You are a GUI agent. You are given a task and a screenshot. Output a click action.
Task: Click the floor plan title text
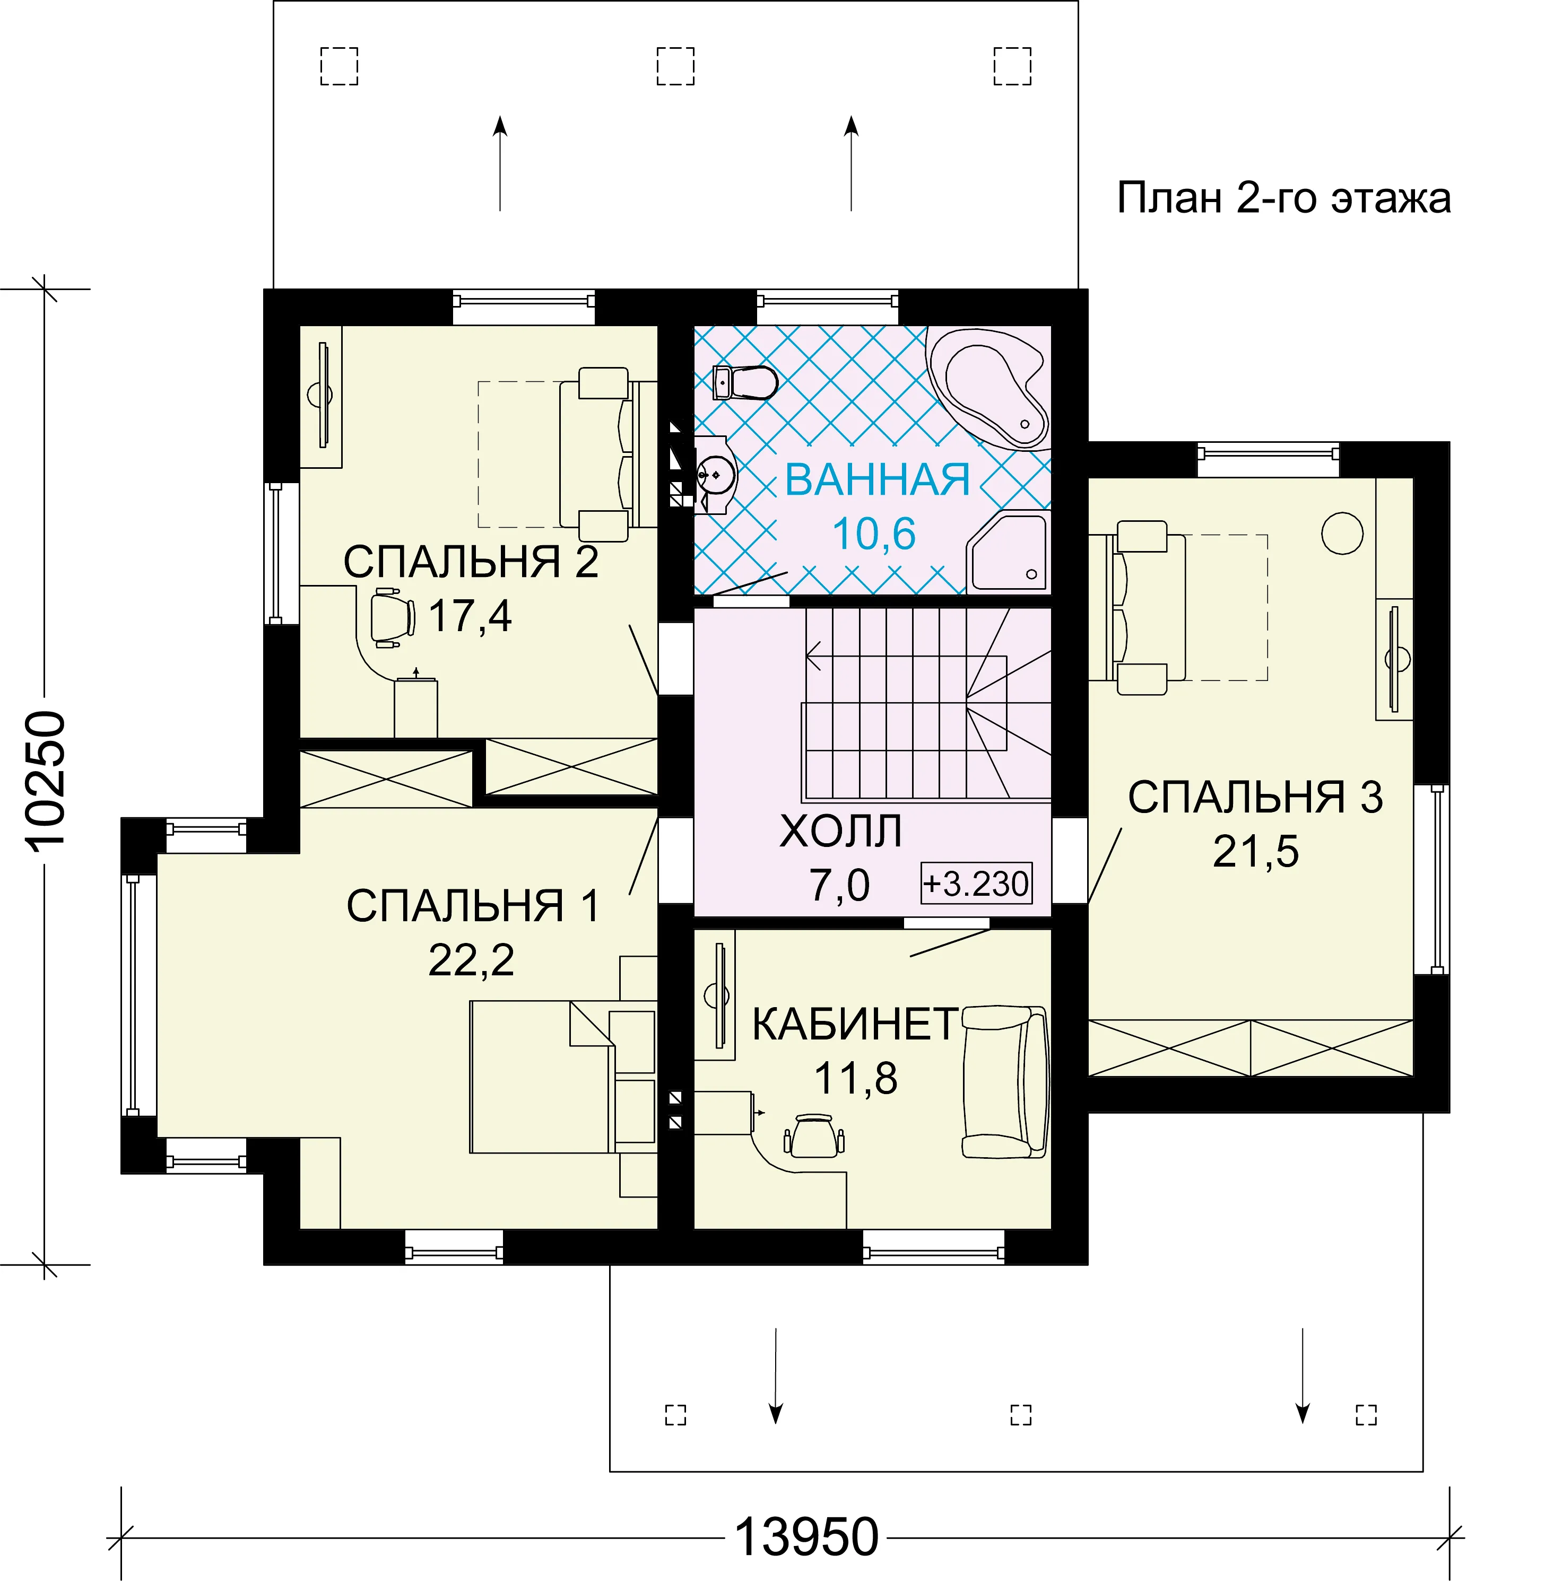[1284, 198]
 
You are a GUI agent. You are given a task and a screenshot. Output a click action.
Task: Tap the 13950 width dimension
[806, 1536]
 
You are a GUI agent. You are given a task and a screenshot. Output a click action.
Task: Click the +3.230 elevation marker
[976, 882]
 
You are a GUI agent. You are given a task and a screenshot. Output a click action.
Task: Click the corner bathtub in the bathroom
[988, 388]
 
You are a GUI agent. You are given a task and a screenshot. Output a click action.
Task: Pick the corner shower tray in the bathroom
[1009, 552]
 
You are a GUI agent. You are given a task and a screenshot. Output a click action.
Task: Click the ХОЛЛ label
[840, 831]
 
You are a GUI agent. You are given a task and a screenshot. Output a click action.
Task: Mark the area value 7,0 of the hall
[839, 884]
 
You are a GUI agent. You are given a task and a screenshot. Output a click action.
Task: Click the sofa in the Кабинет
[1004, 1081]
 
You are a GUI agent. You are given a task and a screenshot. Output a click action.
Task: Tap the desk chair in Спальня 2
[393, 617]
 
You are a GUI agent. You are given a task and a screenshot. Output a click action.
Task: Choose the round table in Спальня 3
[1342, 533]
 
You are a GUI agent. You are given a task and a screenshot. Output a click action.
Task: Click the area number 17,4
[470, 616]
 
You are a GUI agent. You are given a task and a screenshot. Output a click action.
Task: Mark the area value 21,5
[1255, 851]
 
